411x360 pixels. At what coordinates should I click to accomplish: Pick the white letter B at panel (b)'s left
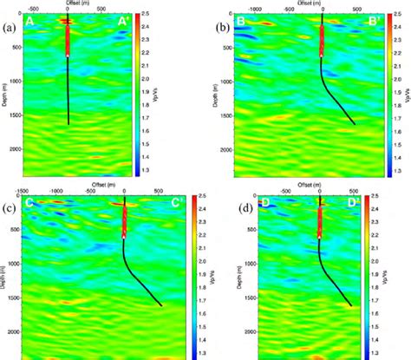tap(240, 19)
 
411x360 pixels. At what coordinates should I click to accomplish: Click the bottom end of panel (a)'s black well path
tap(68, 125)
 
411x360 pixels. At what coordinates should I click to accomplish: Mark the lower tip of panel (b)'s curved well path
tap(354, 123)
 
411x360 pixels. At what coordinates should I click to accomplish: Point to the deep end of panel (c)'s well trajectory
tap(160, 304)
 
